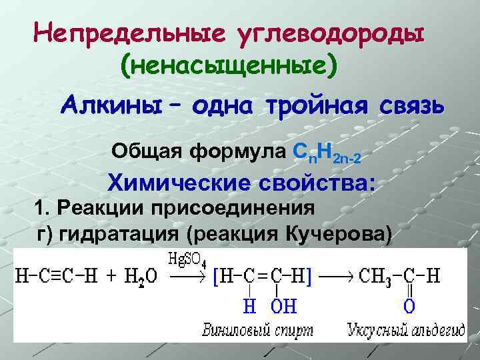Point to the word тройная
318,105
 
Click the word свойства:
319,183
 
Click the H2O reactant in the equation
143,276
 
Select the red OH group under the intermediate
283,307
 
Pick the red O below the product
409,307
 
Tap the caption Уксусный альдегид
394,329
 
